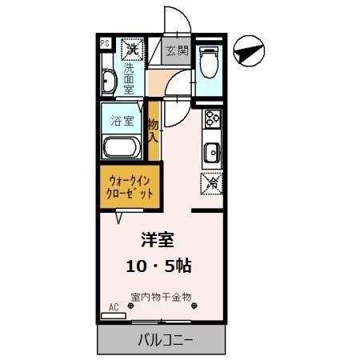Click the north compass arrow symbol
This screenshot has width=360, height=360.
pyautogui.click(x=249, y=52)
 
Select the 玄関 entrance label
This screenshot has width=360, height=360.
pyautogui.click(x=177, y=51)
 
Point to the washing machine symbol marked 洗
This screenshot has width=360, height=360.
pyautogui.click(x=130, y=49)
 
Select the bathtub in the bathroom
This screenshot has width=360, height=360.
pyautogui.click(x=122, y=146)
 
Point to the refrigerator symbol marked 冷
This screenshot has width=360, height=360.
pyautogui.click(x=212, y=182)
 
